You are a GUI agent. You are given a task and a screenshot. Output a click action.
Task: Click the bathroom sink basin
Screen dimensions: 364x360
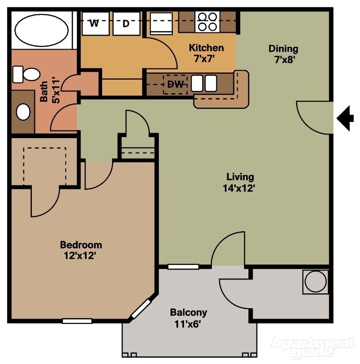pos(23,112)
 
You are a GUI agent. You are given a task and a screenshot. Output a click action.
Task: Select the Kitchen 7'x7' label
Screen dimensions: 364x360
pos(206,53)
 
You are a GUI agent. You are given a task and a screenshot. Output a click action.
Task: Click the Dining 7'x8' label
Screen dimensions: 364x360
pos(283,54)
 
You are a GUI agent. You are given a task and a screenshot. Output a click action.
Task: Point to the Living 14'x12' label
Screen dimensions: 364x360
pos(240,183)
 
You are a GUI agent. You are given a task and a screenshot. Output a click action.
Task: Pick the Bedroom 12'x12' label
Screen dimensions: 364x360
pos(81,250)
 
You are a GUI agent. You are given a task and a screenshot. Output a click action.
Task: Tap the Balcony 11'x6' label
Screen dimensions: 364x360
pos(188,317)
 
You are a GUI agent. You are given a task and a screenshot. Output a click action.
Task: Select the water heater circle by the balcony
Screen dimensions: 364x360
pos(315,282)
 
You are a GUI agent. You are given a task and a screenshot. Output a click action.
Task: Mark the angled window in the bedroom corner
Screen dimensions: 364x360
pos(141,309)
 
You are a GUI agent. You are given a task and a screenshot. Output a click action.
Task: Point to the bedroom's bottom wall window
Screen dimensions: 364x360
pos(77,321)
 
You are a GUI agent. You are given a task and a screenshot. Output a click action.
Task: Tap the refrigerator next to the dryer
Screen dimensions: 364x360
pos(161,23)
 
